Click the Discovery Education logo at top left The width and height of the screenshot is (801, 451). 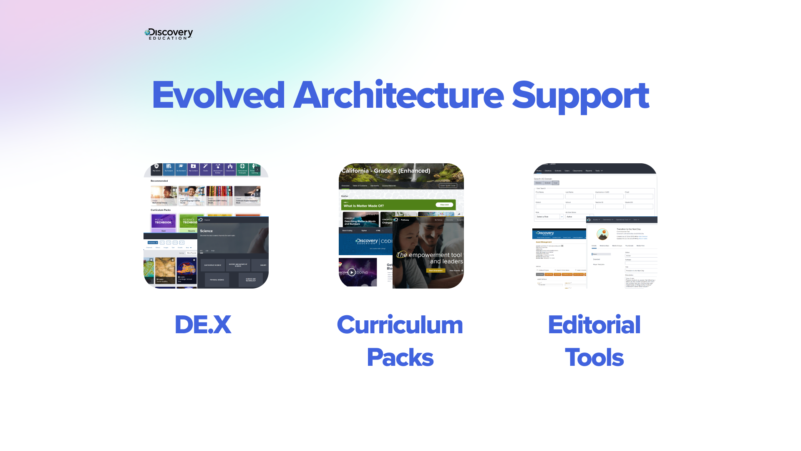pyautogui.click(x=169, y=34)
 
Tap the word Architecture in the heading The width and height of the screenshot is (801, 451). pyautogui.click(x=398, y=95)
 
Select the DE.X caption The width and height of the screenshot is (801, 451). pyautogui.click(x=203, y=325)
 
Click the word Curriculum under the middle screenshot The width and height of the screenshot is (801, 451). pyautogui.click(x=400, y=325)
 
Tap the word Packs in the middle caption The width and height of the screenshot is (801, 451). pyautogui.click(x=400, y=357)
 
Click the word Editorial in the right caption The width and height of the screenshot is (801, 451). pyautogui.click(x=594, y=325)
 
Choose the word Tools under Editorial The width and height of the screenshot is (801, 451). pyautogui.click(x=594, y=357)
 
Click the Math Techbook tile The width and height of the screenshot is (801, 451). pyautogui.click(x=163, y=221)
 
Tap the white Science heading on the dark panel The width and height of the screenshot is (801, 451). pyautogui.click(x=206, y=231)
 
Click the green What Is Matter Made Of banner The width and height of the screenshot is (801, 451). pyautogui.click(x=398, y=205)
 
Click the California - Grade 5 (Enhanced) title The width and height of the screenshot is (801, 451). pyautogui.click(x=386, y=171)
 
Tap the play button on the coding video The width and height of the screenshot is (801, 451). pyautogui.click(x=352, y=272)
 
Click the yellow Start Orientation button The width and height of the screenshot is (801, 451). pyautogui.click(x=436, y=271)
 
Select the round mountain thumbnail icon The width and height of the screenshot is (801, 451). pyautogui.click(x=602, y=234)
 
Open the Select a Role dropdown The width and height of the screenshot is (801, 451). pyautogui.click(x=549, y=217)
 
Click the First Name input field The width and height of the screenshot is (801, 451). pyautogui.click(x=549, y=196)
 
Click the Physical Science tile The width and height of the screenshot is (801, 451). pyautogui.click(x=217, y=280)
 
